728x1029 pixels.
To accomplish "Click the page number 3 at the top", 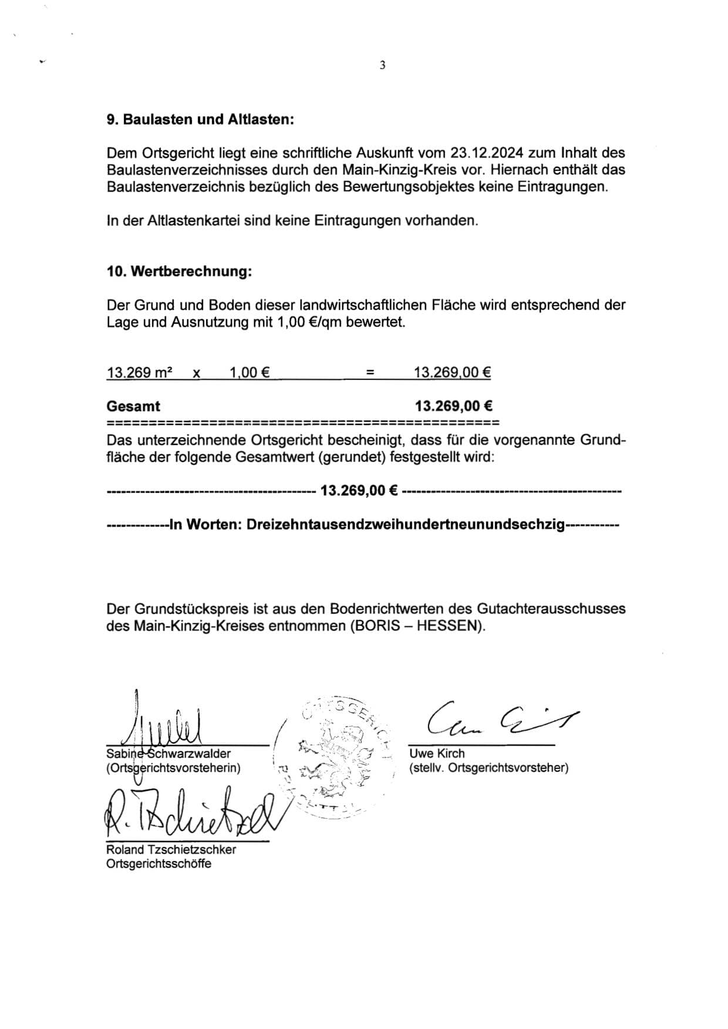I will point(382,65).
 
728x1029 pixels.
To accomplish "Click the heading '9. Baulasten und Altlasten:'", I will point(200,119).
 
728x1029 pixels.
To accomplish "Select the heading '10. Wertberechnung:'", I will point(179,271).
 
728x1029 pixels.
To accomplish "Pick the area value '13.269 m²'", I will point(139,372).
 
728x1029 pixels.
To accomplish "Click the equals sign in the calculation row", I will point(370,372).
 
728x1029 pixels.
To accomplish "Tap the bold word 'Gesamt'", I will point(133,406).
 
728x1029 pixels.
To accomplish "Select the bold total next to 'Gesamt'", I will point(453,406).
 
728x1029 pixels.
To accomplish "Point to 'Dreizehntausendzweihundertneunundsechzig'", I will point(405,524).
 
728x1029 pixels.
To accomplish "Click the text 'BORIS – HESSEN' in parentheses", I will point(416,626).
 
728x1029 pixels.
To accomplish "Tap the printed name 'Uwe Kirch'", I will point(437,753).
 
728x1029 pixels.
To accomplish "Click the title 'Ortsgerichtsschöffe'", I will point(159,863).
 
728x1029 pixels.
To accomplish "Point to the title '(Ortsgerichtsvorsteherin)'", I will point(173,768).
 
